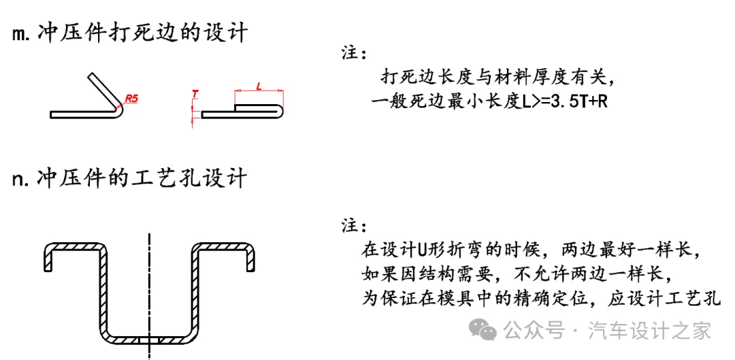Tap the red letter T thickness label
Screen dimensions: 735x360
point(195,93)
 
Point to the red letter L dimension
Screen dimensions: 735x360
point(259,85)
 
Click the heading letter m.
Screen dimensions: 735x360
point(20,34)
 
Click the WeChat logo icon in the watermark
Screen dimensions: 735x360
point(486,331)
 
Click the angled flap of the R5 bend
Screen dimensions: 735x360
point(102,87)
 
